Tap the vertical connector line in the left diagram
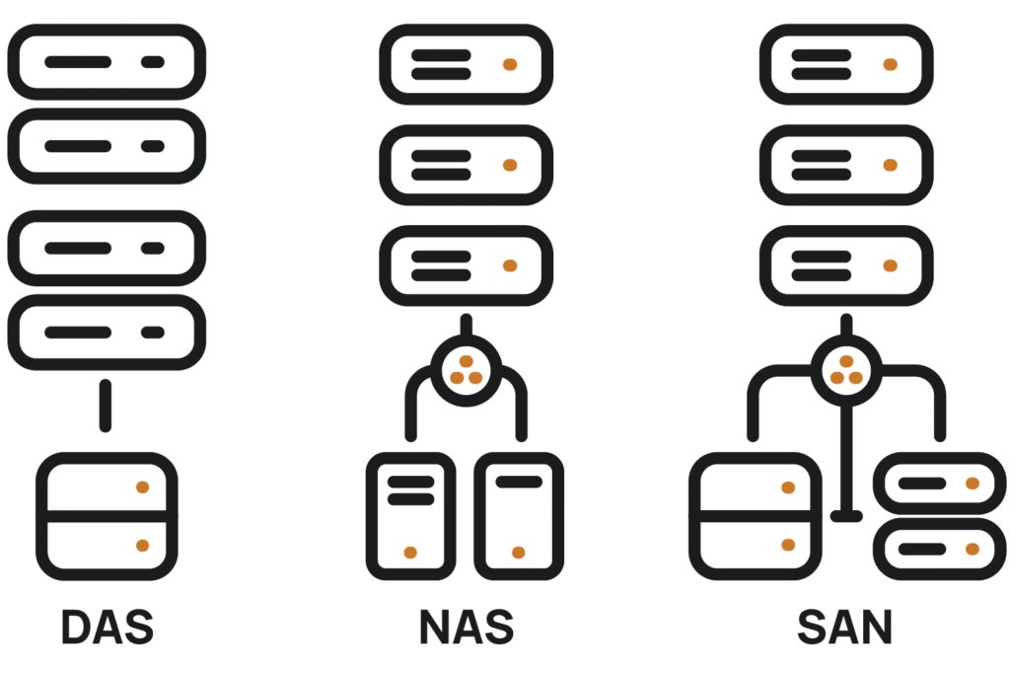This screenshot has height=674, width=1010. click(106, 405)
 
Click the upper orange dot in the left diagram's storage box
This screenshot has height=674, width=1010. click(142, 487)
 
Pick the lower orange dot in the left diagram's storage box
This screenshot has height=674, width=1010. click(142, 545)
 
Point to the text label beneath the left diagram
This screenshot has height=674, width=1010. click(107, 628)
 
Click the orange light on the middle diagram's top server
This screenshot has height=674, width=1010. click(510, 64)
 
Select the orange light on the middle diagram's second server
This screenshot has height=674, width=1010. click(510, 166)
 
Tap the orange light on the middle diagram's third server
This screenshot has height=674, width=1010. click(510, 266)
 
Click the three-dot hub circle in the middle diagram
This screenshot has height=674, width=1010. click(467, 371)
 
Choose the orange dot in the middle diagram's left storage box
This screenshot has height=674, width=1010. click(410, 553)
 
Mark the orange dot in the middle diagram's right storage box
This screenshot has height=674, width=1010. click(519, 553)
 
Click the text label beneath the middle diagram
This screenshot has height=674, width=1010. click(468, 628)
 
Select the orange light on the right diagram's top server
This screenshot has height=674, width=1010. click(890, 64)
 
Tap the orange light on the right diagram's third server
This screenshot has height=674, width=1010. click(890, 266)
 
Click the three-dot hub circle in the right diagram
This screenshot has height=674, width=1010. click(845, 371)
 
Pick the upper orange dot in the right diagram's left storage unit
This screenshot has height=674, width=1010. click(788, 487)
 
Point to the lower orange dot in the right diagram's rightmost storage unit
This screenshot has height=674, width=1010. click(973, 549)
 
